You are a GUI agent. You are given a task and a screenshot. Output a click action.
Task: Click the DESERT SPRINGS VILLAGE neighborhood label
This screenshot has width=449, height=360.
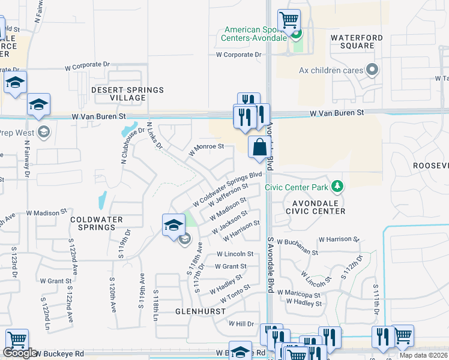127,94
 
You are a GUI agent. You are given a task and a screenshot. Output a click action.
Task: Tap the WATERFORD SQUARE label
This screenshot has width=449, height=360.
356,42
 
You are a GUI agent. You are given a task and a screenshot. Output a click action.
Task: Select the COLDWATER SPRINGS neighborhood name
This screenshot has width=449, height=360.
92,224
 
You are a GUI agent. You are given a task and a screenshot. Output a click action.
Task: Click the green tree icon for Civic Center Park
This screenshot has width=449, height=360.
337,187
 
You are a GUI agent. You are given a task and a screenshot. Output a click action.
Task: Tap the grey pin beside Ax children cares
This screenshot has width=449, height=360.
372,70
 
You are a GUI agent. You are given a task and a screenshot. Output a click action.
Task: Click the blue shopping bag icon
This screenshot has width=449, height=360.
259,147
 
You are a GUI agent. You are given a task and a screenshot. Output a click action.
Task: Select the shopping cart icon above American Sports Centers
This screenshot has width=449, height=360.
289,21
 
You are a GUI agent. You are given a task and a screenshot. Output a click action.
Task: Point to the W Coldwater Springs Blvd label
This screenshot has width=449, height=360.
229,188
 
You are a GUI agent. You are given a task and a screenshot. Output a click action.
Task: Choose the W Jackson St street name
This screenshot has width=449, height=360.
229,223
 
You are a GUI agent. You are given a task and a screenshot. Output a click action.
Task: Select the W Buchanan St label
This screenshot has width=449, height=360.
338,239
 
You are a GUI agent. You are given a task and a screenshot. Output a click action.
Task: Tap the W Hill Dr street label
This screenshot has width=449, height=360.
241,323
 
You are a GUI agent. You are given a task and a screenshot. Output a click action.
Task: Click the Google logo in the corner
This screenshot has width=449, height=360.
19,353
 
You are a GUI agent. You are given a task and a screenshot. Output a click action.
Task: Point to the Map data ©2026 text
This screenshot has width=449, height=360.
423,355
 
